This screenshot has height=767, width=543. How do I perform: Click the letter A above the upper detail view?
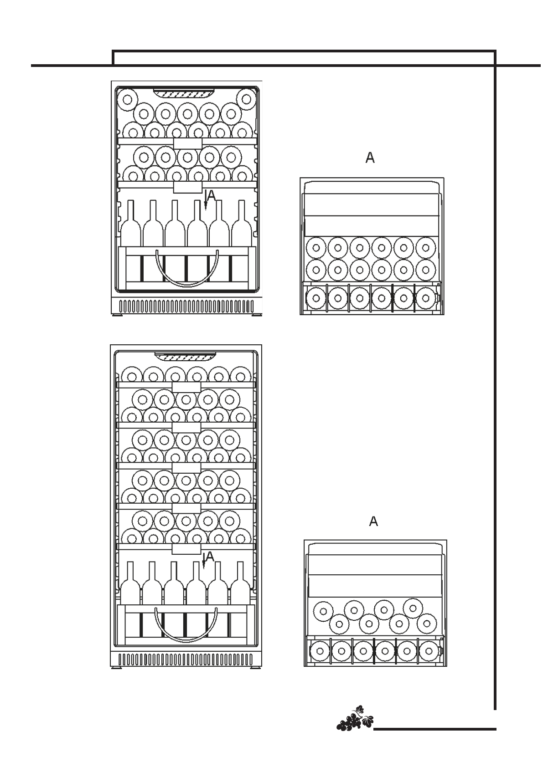pyautogui.click(x=370, y=158)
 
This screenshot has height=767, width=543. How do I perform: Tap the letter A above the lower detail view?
pyautogui.click(x=373, y=522)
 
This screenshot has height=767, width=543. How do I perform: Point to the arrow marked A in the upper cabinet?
pyautogui.click(x=206, y=200)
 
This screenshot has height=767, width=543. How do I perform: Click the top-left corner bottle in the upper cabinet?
pyautogui.click(x=127, y=99)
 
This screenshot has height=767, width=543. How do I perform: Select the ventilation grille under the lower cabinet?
pyautogui.click(x=186, y=659)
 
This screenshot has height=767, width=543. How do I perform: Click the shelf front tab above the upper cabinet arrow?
pyautogui.click(x=187, y=187)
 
